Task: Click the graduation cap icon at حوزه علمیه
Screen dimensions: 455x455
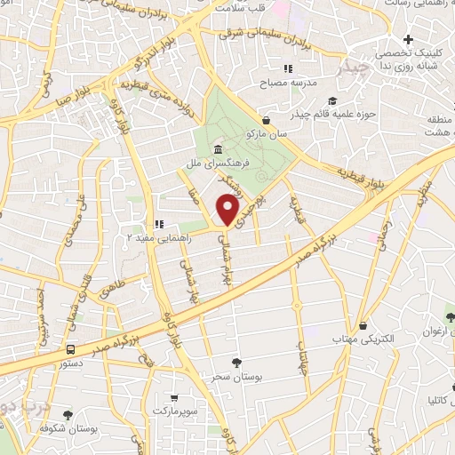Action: pos(331,100)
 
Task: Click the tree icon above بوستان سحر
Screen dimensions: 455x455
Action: pos(236,363)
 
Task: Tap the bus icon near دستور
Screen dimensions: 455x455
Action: pos(70,349)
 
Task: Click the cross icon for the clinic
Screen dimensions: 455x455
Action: pos(407,40)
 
